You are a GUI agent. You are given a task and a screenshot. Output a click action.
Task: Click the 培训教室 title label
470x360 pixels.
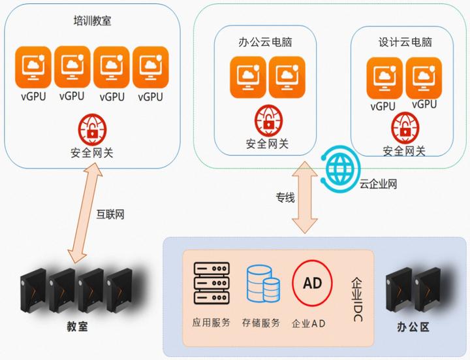pos(92,20)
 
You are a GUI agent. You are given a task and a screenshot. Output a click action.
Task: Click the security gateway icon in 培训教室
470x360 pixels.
pos(91,127)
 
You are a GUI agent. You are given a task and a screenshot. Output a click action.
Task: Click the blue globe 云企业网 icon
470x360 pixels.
pos(340,168)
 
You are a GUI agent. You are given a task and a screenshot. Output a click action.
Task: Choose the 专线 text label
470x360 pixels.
pos(285,197)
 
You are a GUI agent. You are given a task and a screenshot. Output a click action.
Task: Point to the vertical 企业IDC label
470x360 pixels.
pos(357,293)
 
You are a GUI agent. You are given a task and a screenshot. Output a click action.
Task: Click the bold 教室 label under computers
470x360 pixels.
pos(78,325)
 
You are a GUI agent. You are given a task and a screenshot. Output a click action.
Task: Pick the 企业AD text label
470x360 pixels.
pos(309,323)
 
